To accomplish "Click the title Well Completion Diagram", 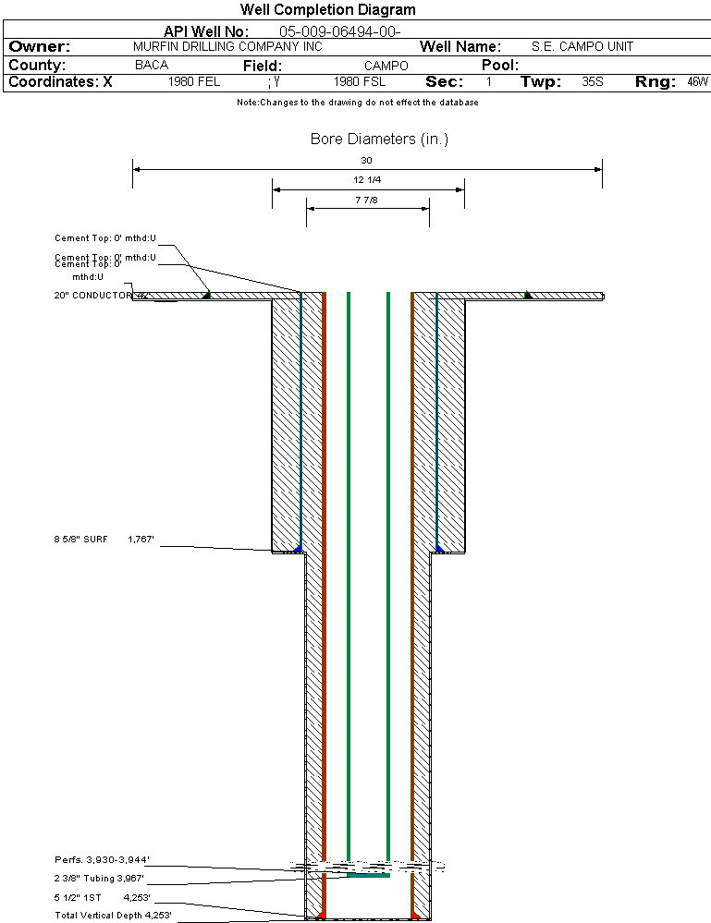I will pyautogui.click(x=327, y=10).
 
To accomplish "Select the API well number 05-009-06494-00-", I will pyautogui.click(x=339, y=31).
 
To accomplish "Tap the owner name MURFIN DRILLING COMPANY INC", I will pyautogui.click(x=227, y=47).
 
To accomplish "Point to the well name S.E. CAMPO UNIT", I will pyautogui.click(x=582, y=47).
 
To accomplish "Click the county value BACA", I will pyautogui.click(x=152, y=66).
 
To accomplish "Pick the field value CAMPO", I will pyautogui.click(x=386, y=66).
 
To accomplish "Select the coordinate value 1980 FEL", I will pyautogui.click(x=194, y=82).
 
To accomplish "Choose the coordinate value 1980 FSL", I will pyautogui.click(x=359, y=82).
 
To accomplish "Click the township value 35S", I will pyautogui.click(x=593, y=82).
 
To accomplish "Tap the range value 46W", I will pyautogui.click(x=697, y=82).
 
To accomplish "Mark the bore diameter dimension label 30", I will pyautogui.click(x=366, y=161).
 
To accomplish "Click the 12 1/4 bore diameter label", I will pyautogui.click(x=368, y=180).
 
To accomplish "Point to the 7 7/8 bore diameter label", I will pyautogui.click(x=367, y=200).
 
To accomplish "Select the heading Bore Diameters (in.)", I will pyautogui.click(x=379, y=140).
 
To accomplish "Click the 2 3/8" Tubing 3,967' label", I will pyautogui.click(x=99, y=879).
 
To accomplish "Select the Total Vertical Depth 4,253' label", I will pyautogui.click(x=113, y=915).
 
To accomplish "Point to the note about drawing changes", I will pyautogui.click(x=357, y=103).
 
